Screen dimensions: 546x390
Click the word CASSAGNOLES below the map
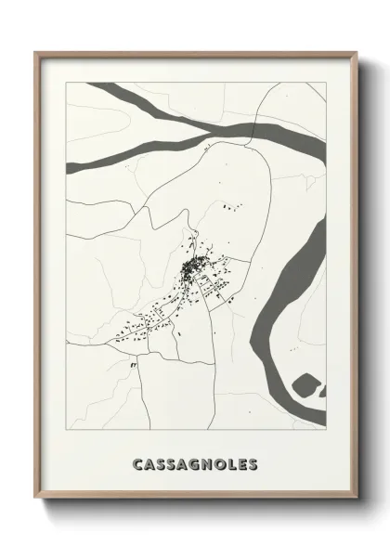[x=195, y=463]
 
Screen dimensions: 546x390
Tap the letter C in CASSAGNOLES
[x=139, y=463]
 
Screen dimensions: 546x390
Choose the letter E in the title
[x=238, y=463]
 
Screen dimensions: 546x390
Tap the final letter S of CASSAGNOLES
[x=251, y=463]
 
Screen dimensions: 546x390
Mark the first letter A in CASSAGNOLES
[x=151, y=463]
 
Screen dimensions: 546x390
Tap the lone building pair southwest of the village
[x=133, y=366]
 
